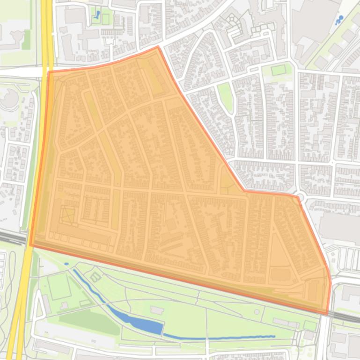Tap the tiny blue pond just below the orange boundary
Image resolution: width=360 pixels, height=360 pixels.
tap(66, 264)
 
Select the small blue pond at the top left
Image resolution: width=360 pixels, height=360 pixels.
tap(97, 15)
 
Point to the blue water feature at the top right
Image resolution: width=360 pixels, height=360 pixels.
tap(339, 20)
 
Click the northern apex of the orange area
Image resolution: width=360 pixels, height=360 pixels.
tap(158, 47)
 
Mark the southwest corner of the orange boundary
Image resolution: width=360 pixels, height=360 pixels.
tap(31, 245)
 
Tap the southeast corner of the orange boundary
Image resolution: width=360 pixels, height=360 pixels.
tap(327, 314)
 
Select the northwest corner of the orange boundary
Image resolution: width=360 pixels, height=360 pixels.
tap(49, 72)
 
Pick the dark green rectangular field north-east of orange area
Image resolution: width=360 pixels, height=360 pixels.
tap(278, 70)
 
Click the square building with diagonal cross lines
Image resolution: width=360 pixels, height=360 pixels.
tap(68, 216)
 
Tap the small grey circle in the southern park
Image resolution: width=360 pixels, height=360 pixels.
tap(256, 312)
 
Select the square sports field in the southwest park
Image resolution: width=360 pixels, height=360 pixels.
tap(59, 286)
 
